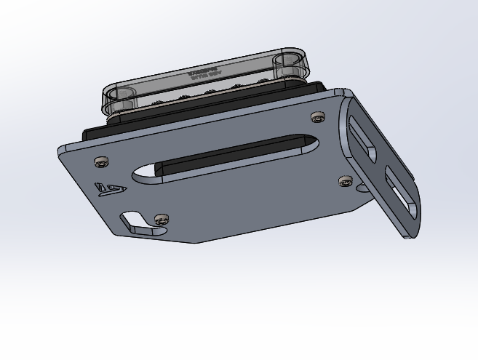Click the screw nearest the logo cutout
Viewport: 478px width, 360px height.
[x=100, y=161]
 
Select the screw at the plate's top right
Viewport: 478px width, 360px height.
[x=316, y=117]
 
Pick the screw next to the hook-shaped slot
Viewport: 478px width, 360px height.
[x=162, y=218]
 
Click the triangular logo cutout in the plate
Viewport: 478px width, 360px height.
[x=111, y=190]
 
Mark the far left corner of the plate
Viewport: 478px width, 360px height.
[x=60, y=149]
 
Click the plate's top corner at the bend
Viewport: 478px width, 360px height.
[x=340, y=92]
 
